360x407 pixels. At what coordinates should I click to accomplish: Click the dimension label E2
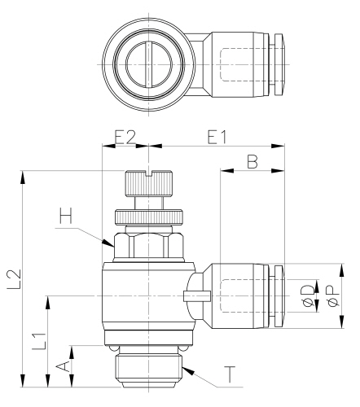click(125, 138)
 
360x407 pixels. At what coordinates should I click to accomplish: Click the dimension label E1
click(217, 138)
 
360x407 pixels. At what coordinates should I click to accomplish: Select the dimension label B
click(252, 164)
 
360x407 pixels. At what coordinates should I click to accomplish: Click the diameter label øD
click(306, 296)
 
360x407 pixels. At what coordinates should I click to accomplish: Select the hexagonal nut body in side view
click(150, 246)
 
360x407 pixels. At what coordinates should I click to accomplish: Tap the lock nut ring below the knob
click(150, 217)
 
